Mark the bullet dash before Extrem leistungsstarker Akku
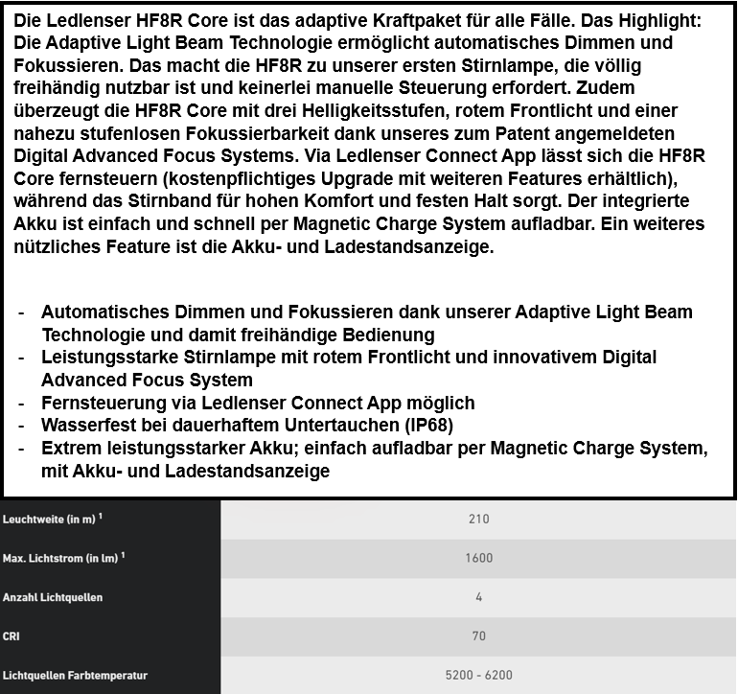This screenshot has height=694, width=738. pyautogui.click(x=22, y=448)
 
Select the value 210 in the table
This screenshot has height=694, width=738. pyautogui.click(x=479, y=520)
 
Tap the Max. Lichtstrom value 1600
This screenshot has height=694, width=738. pyautogui.click(x=479, y=559)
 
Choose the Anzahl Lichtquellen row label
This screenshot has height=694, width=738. pyautogui.click(x=53, y=597)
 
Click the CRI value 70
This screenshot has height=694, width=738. pyautogui.click(x=479, y=636)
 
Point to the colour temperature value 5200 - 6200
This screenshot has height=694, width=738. pyautogui.click(x=479, y=675)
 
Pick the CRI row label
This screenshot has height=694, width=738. pyautogui.click(x=12, y=636)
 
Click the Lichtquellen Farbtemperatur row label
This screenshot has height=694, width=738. pyautogui.click(x=75, y=675)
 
